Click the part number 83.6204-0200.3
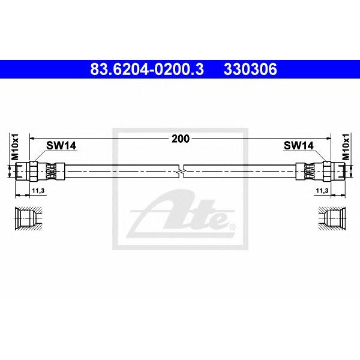coord(147,69)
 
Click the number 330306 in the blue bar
coord(250,69)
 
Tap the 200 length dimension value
coord(181,139)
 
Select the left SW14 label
coord(61,146)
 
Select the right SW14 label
coord(298,146)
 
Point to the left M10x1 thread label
coord(14,147)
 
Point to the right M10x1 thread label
coord(346,147)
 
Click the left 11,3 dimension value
coord(38,191)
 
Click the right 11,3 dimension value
coord(322,191)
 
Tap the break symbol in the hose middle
coord(181,171)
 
